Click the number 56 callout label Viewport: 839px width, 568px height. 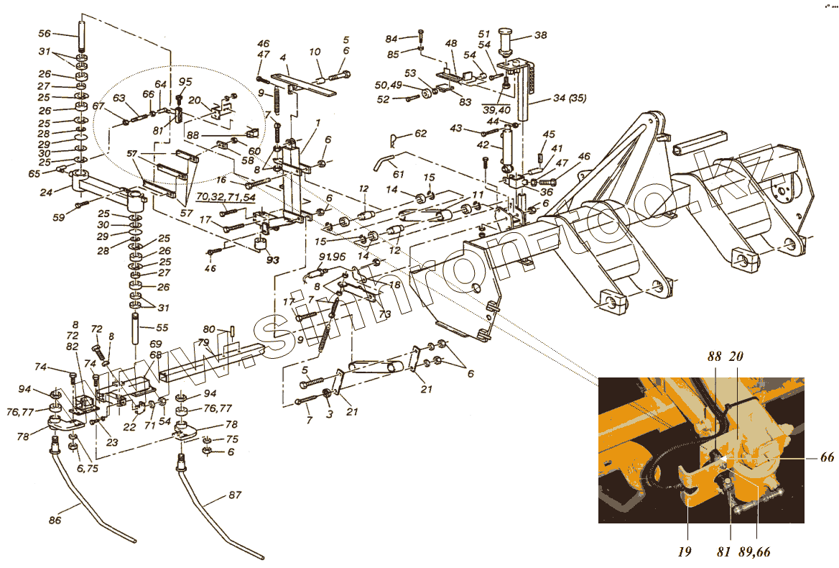(x=44, y=34)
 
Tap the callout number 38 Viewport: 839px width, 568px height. (x=540, y=35)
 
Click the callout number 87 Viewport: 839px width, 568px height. (x=235, y=495)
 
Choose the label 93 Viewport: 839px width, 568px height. (x=272, y=260)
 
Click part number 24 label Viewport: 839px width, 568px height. (x=46, y=192)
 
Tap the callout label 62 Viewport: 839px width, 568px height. (x=420, y=133)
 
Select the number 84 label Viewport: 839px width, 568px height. (x=410, y=38)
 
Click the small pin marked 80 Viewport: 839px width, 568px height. (x=234, y=331)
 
